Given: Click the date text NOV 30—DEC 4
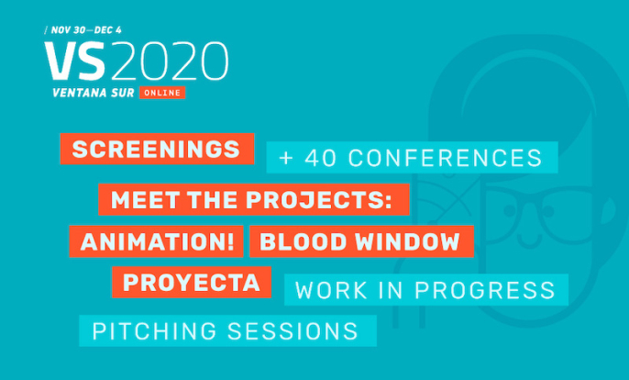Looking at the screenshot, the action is pyautogui.click(x=86, y=30).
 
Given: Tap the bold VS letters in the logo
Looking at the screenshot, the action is pyautogui.click(x=75, y=61).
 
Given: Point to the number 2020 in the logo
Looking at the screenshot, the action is pyautogui.click(x=170, y=61).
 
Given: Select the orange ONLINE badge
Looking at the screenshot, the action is pyautogui.click(x=162, y=93).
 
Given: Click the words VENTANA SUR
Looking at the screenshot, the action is pyautogui.click(x=94, y=93).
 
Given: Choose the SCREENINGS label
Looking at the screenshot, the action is pyautogui.click(x=157, y=149).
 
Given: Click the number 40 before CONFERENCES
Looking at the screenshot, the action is pyautogui.click(x=321, y=158).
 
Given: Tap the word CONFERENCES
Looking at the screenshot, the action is pyautogui.click(x=446, y=158).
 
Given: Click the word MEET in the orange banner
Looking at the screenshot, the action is pyautogui.click(x=145, y=200).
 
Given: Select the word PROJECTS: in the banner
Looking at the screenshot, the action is pyautogui.click(x=319, y=200).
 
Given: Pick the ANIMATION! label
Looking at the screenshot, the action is pyautogui.click(x=157, y=241).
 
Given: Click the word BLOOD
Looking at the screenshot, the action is pyautogui.click(x=303, y=241).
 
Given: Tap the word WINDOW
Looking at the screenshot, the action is pyautogui.click(x=407, y=241).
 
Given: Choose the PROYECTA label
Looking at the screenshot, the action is pyautogui.click(x=192, y=283).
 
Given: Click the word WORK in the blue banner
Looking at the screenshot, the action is pyautogui.click(x=331, y=290).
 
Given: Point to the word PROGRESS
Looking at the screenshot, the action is pyautogui.click(x=484, y=290).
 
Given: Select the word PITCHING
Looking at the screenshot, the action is pyautogui.click(x=154, y=331).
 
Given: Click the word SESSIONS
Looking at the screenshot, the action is pyautogui.click(x=292, y=331).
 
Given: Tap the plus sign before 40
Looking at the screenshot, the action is pyautogui.click(x=286, y=158).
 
